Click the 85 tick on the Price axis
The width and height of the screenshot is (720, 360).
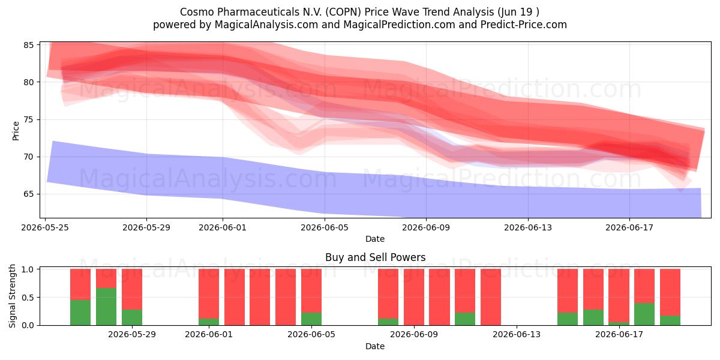coord(28,45)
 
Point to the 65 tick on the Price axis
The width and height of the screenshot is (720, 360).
coord(28,194)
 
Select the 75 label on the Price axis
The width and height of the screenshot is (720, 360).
coord(28,119)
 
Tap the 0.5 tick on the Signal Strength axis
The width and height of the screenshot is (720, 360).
coord(28,298)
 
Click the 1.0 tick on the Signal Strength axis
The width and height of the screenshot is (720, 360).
coord(28,269)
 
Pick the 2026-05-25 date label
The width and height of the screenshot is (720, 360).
coord(45,227)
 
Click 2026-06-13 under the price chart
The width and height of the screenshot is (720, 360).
coord(528,227)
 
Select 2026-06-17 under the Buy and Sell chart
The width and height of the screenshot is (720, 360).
coord(619,334)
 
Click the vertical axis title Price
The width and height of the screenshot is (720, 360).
coord(16,131)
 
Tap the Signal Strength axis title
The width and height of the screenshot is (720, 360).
coord(12,296)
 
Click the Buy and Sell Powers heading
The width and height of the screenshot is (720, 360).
coord(375,257)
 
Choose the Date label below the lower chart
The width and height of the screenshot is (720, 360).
coord(375,346)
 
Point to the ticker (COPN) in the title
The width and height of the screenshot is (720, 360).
coord(343,12)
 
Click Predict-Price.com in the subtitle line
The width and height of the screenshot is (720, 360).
coord(524,25)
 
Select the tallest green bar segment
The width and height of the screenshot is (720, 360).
coord(106,307)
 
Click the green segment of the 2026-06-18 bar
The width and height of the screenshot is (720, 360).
coord(644,314)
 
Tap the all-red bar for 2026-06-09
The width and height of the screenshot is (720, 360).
coord(414,297)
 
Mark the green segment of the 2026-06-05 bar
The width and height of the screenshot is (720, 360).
coord(311,319)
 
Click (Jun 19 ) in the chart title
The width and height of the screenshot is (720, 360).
coord(518,12)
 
